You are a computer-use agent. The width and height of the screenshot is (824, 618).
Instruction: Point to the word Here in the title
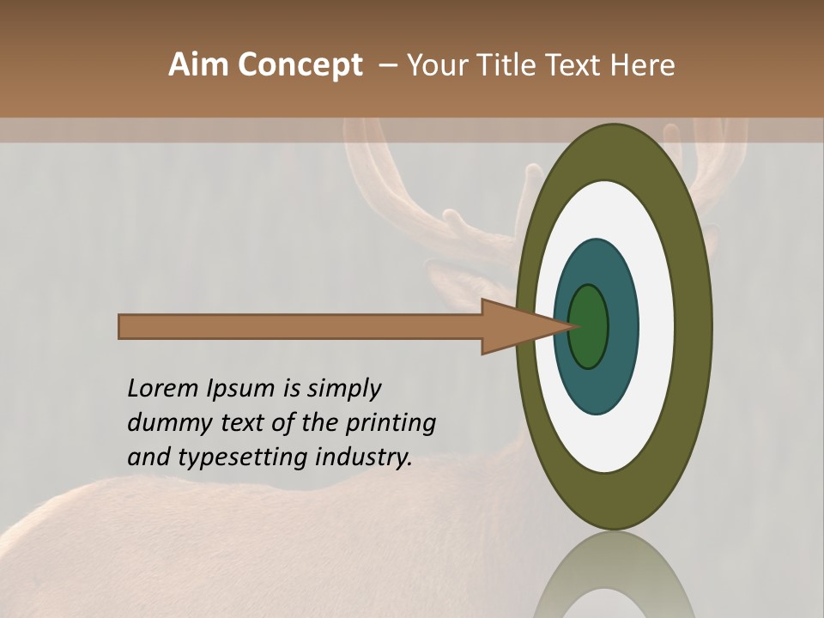coord(643,65)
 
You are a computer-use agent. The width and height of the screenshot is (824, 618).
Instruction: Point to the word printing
coord(391,424)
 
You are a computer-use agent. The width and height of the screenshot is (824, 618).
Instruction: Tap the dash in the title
coord(387,65)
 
